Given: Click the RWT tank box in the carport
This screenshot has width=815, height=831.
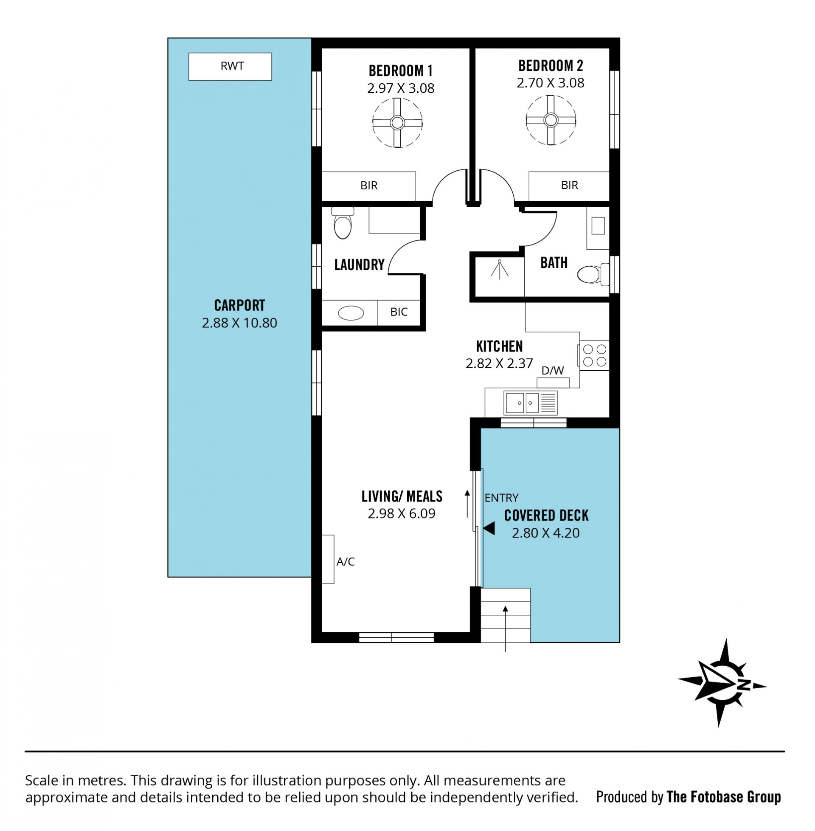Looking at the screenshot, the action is (x=230, y=66).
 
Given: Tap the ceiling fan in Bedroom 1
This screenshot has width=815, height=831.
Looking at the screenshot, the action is (x=398, y=123).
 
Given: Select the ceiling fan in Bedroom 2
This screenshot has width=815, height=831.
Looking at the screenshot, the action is (x=551, y=120).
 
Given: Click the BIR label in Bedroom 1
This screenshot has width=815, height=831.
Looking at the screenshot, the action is (x=369, y=186).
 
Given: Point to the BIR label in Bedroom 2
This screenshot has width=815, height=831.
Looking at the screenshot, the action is (x=569, y=185).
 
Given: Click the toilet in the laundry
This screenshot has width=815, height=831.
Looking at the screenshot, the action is (x=343, y=223).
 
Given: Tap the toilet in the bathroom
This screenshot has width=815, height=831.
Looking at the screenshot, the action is (x=593, y=274).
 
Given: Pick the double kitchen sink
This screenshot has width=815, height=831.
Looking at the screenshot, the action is (x=531, y=403).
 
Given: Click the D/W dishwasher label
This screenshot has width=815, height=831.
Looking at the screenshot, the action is (x=553, y=371).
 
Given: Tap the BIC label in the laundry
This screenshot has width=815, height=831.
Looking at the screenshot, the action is (x=399, y=312).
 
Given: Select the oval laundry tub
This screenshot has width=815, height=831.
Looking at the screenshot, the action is (x=351, y=313).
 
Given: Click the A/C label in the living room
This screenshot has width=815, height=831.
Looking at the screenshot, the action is (x=346, y=562).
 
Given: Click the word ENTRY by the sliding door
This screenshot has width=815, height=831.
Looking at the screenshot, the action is (x=501, y=498).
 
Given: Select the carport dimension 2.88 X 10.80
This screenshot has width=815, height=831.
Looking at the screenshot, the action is (x=239, y=323).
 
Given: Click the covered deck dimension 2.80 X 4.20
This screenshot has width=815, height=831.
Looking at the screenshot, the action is (x=546, y=533).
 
